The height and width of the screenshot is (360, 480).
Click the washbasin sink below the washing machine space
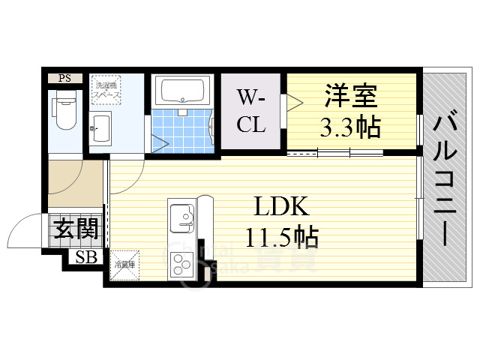pyautogui.click(x=100, y=132)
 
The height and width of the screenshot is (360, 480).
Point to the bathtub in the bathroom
pyautogui.click(x=182, y=91)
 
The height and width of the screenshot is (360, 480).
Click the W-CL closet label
pyautogui.click(x=251, y=111)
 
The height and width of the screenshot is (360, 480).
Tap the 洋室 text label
pyautogui.click(x=351, y=97)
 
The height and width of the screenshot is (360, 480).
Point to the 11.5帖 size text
pyautogui.click(x=281, y=237)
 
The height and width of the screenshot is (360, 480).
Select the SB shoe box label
pyautogui.click(x=84, y=258)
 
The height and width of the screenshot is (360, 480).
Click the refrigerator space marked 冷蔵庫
pyautogui.click(x=124, y=265)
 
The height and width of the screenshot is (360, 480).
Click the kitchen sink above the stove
pyautogui.click(x=181, y=218)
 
